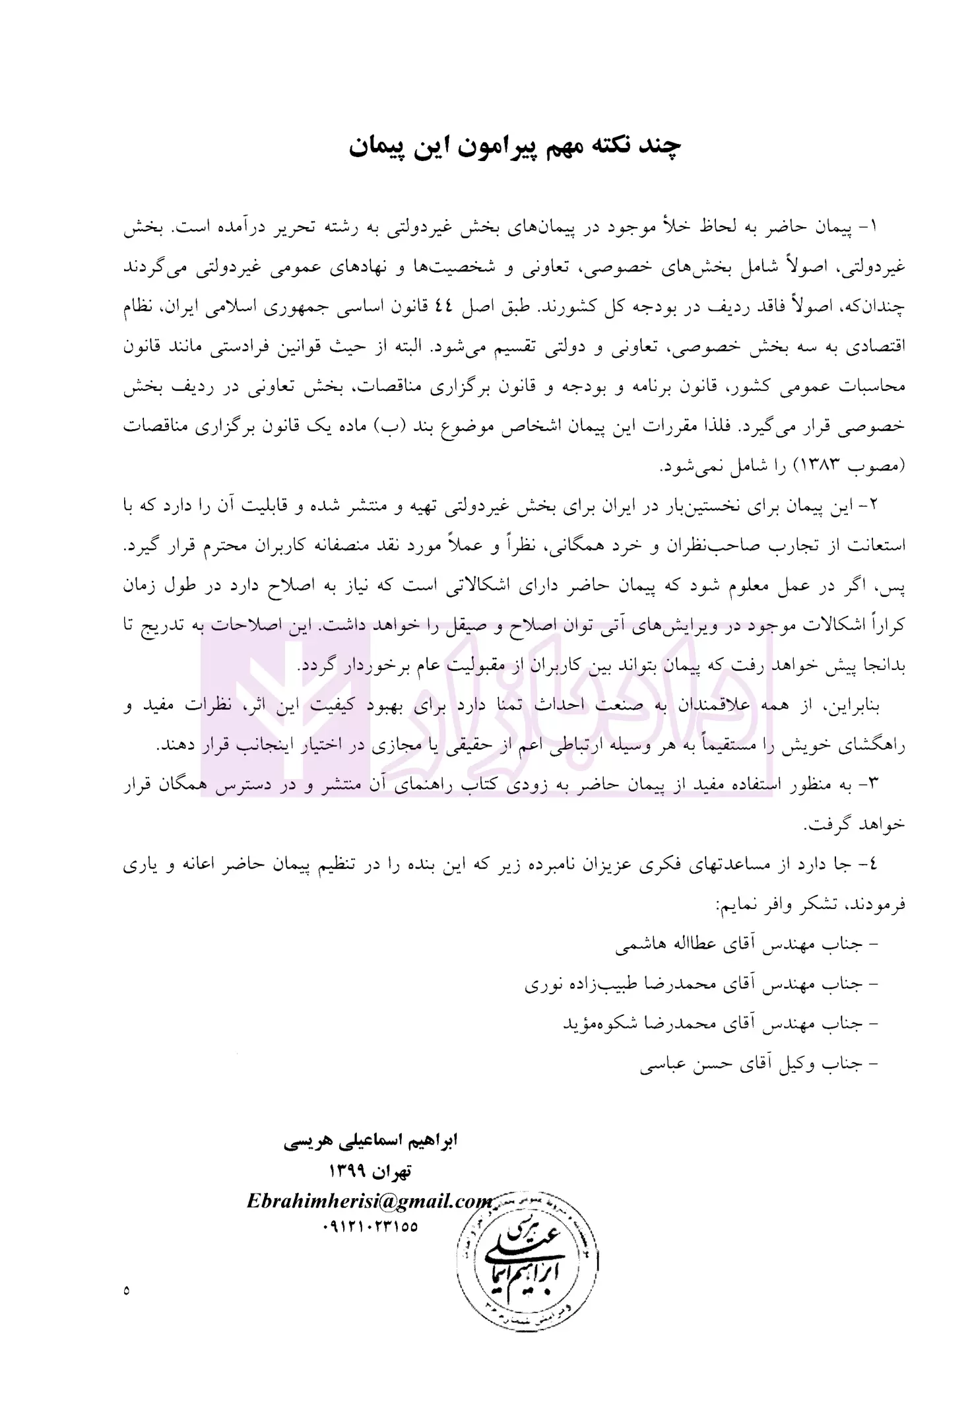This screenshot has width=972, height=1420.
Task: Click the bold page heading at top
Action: tap(515, 147)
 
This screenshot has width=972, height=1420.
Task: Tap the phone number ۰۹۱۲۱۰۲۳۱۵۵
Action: tap(370, 1227)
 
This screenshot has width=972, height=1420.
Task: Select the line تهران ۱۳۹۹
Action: tap(370, 1172)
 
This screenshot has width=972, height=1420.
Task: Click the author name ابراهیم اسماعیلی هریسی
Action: tap(370, 1141)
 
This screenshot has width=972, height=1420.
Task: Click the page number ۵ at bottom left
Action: tap(126, 1289)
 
